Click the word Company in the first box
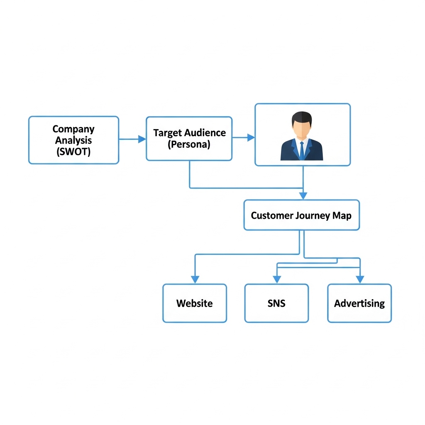pos(73,129)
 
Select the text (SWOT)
pos(73,151)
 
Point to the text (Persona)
pos(189,144)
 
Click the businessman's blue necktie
pos(302,150)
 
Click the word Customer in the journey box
pos(272,215)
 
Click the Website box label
pos(194,303)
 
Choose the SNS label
pos(276,303)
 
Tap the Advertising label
pos(359,303)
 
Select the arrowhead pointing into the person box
pos(251,137)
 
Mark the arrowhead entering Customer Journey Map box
pos(303,195)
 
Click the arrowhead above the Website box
pos(195,279)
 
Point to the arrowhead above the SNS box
pos(276,279)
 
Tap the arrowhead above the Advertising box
pos(360,279)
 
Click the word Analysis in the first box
pos(73,140)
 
